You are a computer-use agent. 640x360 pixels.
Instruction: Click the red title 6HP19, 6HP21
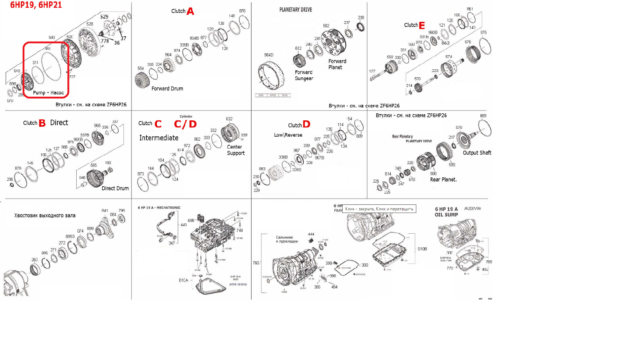(x=36, y=5)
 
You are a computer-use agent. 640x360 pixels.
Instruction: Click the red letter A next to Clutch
(x=190, y=11)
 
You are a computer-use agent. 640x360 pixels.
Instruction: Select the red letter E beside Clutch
(x=422, y=26)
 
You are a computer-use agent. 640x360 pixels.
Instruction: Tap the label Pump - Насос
(x=48, y=93)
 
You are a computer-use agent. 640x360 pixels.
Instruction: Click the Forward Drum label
(x=167, y=89)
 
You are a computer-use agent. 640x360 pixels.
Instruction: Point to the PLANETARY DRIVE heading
(x=296, y=10)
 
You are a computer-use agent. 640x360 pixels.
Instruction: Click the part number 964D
(x=269, y=55)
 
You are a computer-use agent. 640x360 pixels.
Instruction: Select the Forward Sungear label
(x=304, y=75)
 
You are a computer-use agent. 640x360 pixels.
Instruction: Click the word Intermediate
(x=159, y=138)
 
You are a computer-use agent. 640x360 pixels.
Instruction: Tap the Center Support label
(x=236, y=150)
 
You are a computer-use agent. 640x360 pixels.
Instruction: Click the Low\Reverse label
(x=288, y=135)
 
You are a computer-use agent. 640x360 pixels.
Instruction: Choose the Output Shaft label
(x=477, y=153)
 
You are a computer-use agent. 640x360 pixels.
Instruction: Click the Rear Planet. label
(x=443, y=180)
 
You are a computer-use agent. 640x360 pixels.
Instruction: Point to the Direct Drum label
(x=115, y=188)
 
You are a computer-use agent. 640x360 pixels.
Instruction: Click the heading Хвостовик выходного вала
(x=45, y=215)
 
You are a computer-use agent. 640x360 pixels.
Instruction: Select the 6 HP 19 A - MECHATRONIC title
(x=159, y=207)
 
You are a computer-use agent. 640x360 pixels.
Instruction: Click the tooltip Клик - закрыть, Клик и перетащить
(x=379, y=209)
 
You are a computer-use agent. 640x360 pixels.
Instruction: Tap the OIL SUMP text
(x=446, y=215)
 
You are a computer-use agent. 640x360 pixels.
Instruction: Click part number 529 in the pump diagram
(x=104, y=17)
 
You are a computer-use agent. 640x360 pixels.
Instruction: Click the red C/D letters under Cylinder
(x=185, y=124)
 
